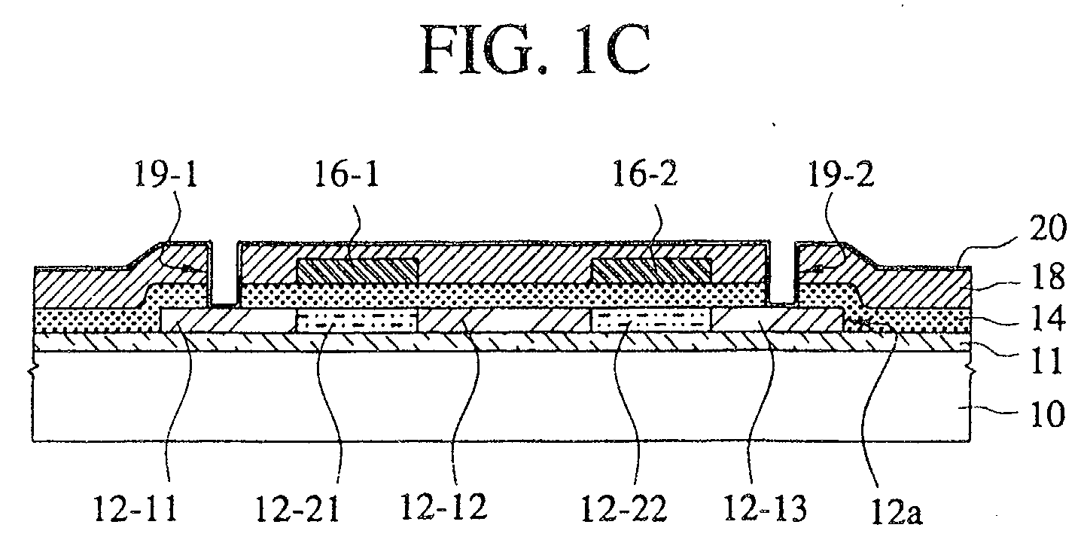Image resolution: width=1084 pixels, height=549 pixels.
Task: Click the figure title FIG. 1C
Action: (x=535, y=50)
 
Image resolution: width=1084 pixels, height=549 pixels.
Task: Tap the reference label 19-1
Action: (x=166, y=175)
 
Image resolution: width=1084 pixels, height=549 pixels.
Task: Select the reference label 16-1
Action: (x=346, y=175)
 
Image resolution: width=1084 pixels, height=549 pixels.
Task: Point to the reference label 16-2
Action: (x=644, y=175)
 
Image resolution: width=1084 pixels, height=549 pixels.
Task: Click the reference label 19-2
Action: (x=841, y=175)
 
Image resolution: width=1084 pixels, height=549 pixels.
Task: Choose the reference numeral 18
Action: (x=1047, y=276)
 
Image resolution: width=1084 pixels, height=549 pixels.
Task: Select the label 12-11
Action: (x=135, y=508)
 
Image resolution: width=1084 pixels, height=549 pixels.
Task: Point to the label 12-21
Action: (x=297, y=508)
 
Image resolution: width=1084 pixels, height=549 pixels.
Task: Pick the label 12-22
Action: (x=624, y=508)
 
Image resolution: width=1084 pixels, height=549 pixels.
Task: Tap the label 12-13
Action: (x=765, y=508)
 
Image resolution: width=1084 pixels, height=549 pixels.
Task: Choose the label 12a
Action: (x=897, y=512)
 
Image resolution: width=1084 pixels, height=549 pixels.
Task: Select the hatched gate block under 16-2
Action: (x=652, y=270)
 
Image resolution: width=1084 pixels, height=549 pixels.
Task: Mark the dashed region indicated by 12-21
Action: (x=356, y=321)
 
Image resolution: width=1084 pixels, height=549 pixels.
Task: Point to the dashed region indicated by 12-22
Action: (x=651, y=319)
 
